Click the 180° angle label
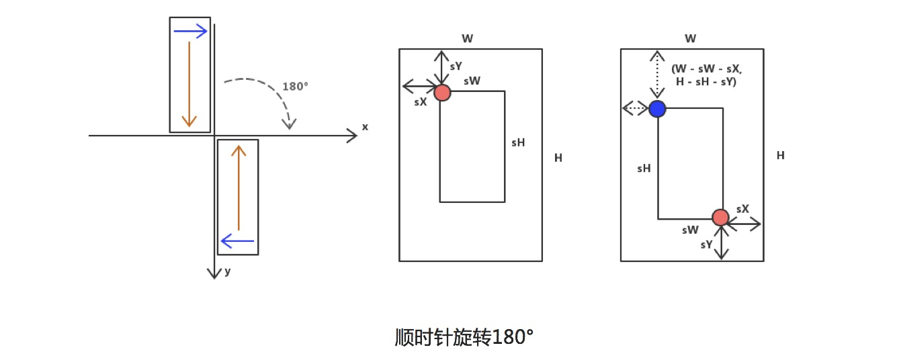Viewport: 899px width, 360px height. point(295,87)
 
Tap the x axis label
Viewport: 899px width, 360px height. point(365,126)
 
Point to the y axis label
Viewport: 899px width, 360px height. point(228,271)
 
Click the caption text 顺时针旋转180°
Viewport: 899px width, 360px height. point(464,336)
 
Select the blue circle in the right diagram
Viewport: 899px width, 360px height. point(657,108)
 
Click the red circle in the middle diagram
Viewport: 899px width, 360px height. point(442,93)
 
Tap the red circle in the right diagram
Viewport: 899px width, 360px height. point(720,218)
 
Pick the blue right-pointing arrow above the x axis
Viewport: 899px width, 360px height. point(190,31)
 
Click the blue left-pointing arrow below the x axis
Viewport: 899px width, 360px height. point(237,240)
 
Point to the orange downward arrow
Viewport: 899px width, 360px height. point(189,84)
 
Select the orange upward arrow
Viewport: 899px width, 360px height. point(239,188)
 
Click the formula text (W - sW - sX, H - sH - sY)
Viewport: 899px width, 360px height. point(706,75)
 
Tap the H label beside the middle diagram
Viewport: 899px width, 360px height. point(558,158)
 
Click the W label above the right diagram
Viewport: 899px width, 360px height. point(690,39)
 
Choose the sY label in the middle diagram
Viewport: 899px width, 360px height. point(456,66)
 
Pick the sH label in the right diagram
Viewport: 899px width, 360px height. point(644,169)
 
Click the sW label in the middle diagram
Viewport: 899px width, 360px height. point(472,81)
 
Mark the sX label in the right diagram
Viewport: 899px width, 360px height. point(742,209)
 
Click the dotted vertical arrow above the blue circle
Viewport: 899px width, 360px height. point(657,75)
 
